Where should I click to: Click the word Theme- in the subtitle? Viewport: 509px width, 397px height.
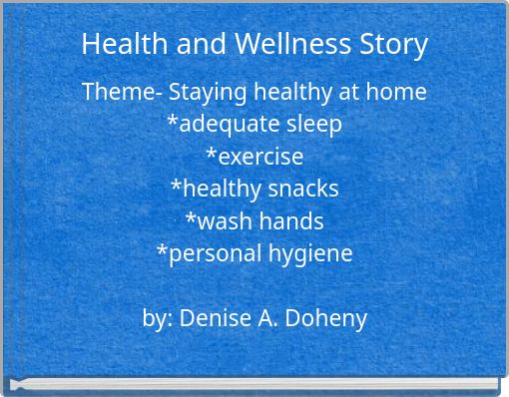pyautogui.click(x=121, y=92)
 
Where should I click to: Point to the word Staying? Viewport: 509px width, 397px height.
pyautogui.click(x=205, y=93)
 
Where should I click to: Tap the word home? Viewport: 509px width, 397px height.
pyautogui.click(x=396, y=92)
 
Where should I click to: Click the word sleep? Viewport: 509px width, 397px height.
pyautogui.click(x=313, y=125)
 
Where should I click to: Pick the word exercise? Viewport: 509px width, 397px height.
pyautogui.click(x=258, y=157)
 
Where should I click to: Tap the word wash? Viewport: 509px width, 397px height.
pyautogui.click(x=221, y=220)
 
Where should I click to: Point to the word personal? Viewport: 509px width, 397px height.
pyautogui.click(x=210, y=253)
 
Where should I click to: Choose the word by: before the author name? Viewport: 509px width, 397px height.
pyautogui.click(x=158, y=318)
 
